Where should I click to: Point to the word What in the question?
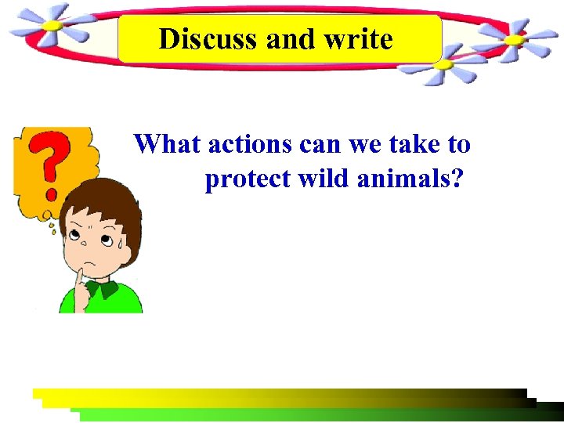click(168, 144)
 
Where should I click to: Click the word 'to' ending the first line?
click(459, 144)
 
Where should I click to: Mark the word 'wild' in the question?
click(324, 179)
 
